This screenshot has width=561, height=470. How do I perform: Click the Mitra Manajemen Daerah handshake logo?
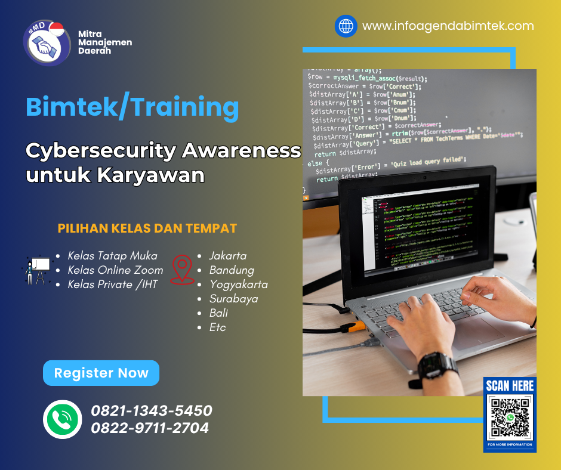44,43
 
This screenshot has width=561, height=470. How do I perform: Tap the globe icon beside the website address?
346,26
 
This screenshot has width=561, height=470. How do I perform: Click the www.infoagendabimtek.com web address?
448,26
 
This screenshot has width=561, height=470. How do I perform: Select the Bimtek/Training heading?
132,107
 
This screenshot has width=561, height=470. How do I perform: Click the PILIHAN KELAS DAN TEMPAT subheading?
147,228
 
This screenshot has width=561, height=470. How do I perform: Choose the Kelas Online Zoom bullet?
115,270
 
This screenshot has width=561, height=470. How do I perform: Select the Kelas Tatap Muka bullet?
112,256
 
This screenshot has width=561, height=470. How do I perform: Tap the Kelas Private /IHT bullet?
112,285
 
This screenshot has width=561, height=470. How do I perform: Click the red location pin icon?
182,270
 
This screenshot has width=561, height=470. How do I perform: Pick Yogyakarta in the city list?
238,285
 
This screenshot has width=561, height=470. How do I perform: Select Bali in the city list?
218,313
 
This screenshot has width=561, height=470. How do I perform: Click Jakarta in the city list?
227,256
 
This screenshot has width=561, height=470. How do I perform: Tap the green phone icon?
62,419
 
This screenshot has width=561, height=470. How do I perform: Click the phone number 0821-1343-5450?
151,411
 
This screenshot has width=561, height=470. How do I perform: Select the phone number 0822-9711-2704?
150,428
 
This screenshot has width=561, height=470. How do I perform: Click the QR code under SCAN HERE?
509,418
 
